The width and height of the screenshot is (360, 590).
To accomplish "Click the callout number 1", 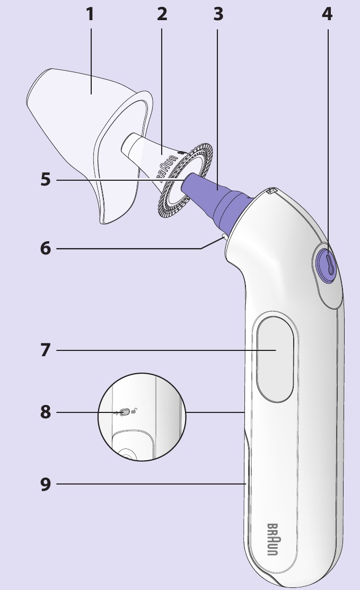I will pos(90,14).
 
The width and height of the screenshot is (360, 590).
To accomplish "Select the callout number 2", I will pos(162,14).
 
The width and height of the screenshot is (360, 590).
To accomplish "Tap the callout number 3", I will pos(218,14).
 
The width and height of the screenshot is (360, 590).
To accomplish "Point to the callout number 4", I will pos(327,14).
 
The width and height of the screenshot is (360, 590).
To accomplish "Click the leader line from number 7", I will pos(159,350).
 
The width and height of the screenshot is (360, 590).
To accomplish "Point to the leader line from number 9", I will pos(148,483).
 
